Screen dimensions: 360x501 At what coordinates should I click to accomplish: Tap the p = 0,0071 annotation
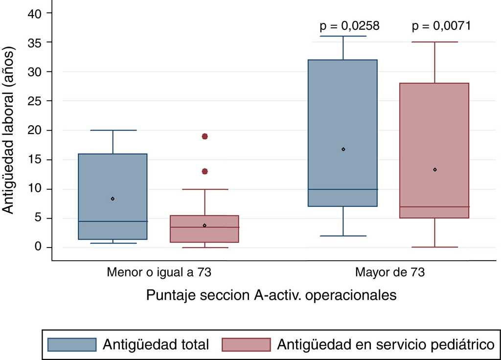coord(441,26)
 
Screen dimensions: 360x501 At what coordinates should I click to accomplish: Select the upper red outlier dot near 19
coord(205,136)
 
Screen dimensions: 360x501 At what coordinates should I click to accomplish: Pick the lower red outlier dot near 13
coord(205,171)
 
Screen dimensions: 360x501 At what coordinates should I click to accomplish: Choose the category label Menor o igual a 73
coord(159,272)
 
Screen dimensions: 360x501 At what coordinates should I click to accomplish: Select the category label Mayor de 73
coord(389,272)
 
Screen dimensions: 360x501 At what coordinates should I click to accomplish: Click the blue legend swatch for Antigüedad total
coord(72,344)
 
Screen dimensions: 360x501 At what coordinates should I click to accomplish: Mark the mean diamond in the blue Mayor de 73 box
coord(343,149)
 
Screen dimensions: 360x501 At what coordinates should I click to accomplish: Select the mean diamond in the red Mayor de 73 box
coord(434,170)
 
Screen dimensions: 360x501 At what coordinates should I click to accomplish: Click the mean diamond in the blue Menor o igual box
coord(113,199)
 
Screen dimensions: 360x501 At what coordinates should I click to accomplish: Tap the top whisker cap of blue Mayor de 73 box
coord(343,36)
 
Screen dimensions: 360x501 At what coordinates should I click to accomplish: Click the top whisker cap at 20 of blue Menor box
coord(113,130)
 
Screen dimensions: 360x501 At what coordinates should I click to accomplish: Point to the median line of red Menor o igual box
coord(205,227)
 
